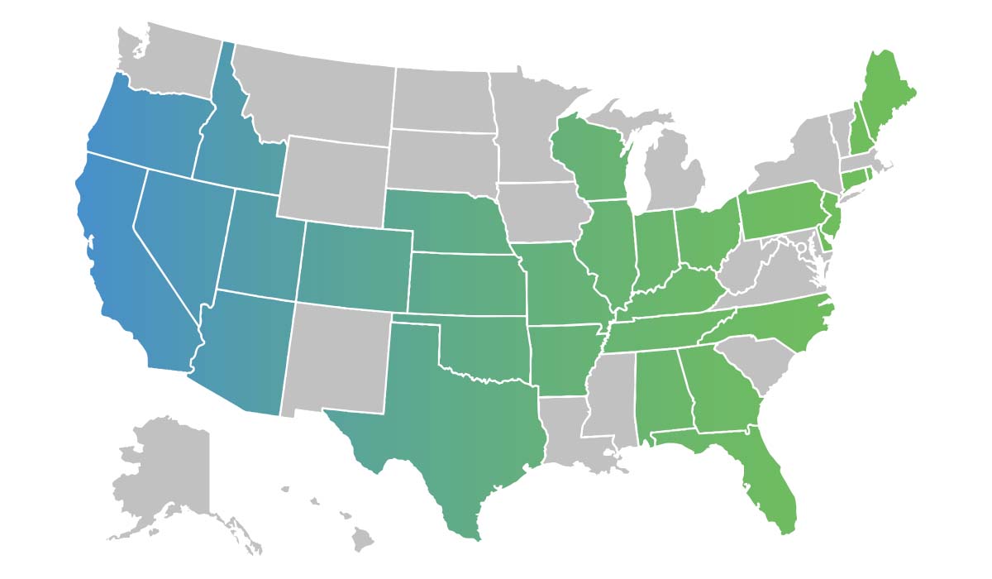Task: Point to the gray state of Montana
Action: point(314,91)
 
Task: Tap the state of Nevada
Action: point(178,232)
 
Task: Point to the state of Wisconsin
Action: point(591,157)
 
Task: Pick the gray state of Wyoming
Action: point(335,178)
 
